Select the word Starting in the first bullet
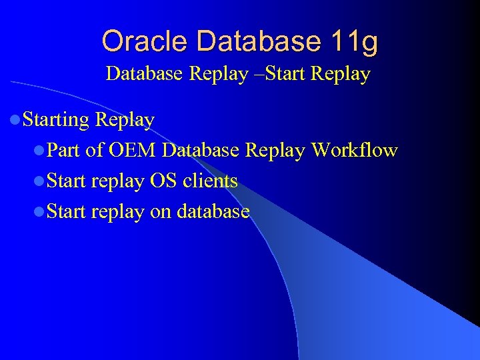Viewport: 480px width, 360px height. click(56, 120)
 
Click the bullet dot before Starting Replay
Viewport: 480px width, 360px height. click(15, 121)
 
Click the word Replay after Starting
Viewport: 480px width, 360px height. click(125, 120)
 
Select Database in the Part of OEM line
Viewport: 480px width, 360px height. click(201, 151)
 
